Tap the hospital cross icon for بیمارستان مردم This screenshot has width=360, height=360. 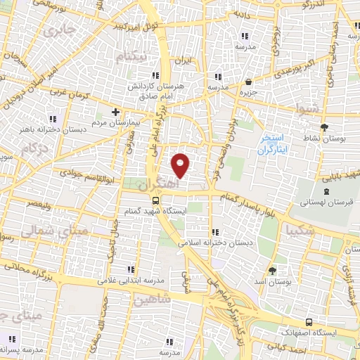coord(116,112)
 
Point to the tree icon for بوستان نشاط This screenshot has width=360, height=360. coord(323,127)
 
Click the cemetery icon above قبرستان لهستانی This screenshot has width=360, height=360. coord(326,191)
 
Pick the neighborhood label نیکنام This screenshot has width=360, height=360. coord(134,55)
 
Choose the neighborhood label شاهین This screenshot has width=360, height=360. coord(150,300)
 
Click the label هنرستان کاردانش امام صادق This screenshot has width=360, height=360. coord(155,89)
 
